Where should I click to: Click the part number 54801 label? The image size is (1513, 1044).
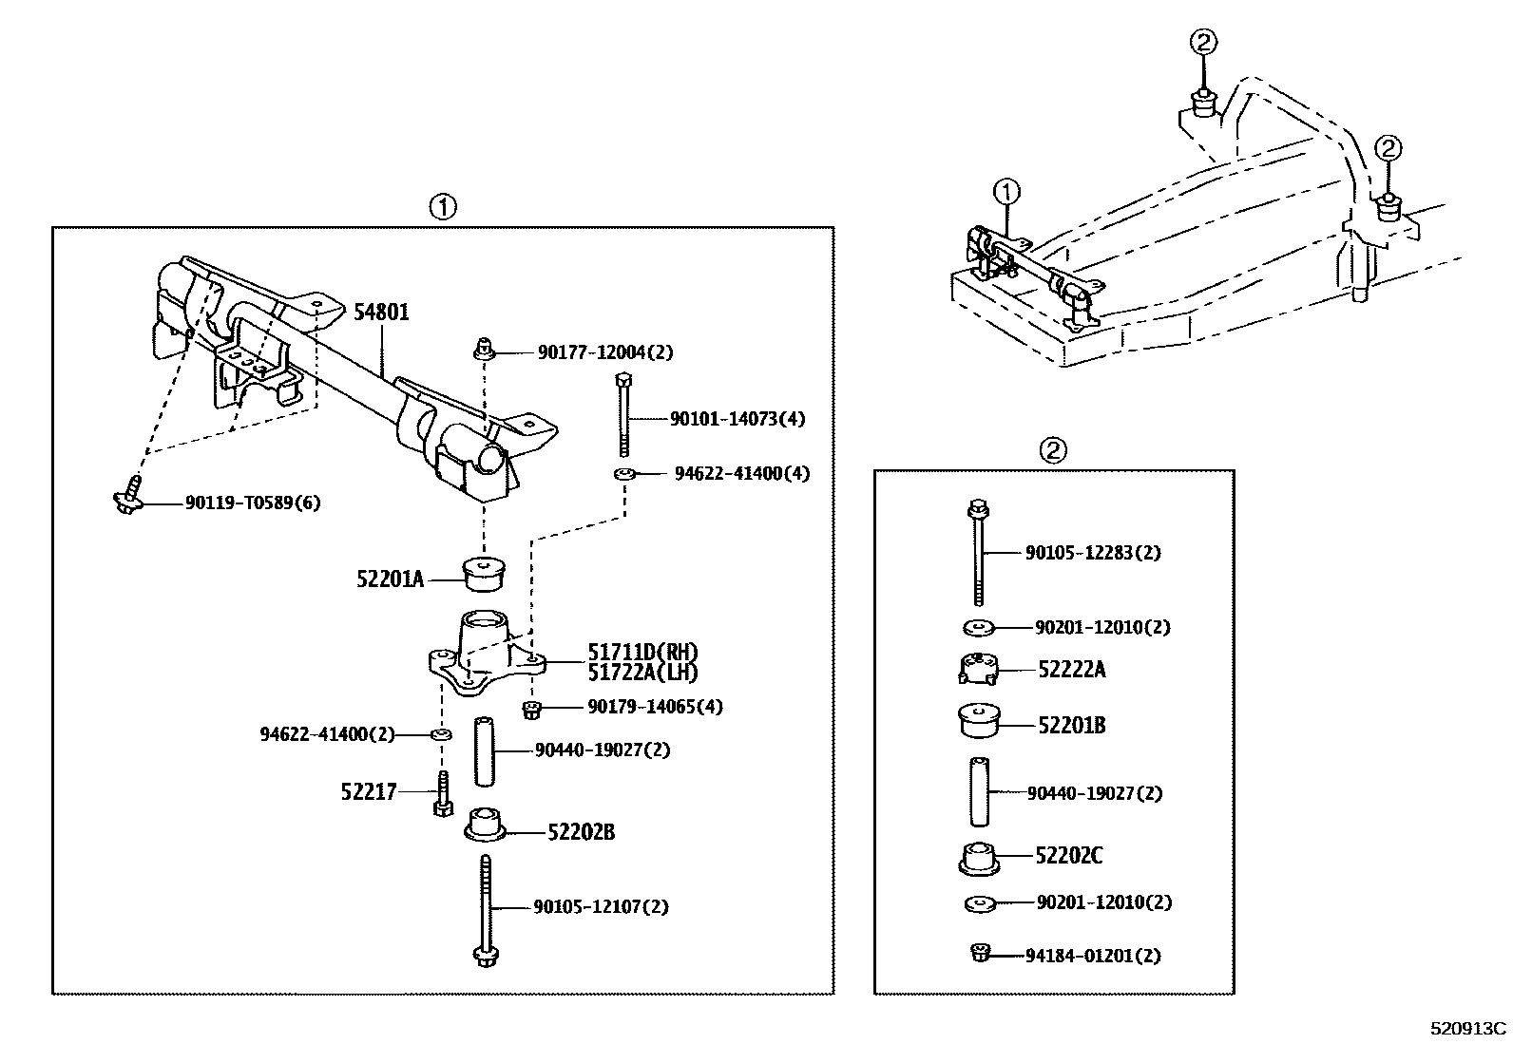click(381, 312)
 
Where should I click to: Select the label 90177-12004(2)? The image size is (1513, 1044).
click(604, 352)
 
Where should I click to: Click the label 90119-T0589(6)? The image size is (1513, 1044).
click(252, 503)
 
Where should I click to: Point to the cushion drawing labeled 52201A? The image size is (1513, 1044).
click(484, 574)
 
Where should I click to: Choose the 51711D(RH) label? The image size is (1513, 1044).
click(642, 653)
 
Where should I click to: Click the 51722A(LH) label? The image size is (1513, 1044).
click(642, 673)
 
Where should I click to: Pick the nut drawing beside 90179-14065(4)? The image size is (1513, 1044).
click(532, 708)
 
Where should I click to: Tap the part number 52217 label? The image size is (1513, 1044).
click(368, 790)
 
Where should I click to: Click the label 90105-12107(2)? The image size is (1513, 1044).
click(601, 907)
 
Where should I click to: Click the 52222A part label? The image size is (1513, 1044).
click(1071, 670)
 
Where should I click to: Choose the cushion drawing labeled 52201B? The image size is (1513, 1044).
click(979, 720)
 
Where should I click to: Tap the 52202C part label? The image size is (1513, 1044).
click(1068, 856)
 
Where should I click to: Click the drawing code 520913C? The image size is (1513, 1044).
click(1468, 1028)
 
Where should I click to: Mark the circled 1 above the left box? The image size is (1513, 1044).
click(443, 206)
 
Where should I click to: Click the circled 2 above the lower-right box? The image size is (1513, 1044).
click(1053, 449)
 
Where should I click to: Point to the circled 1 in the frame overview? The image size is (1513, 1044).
click(1005, 193)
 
